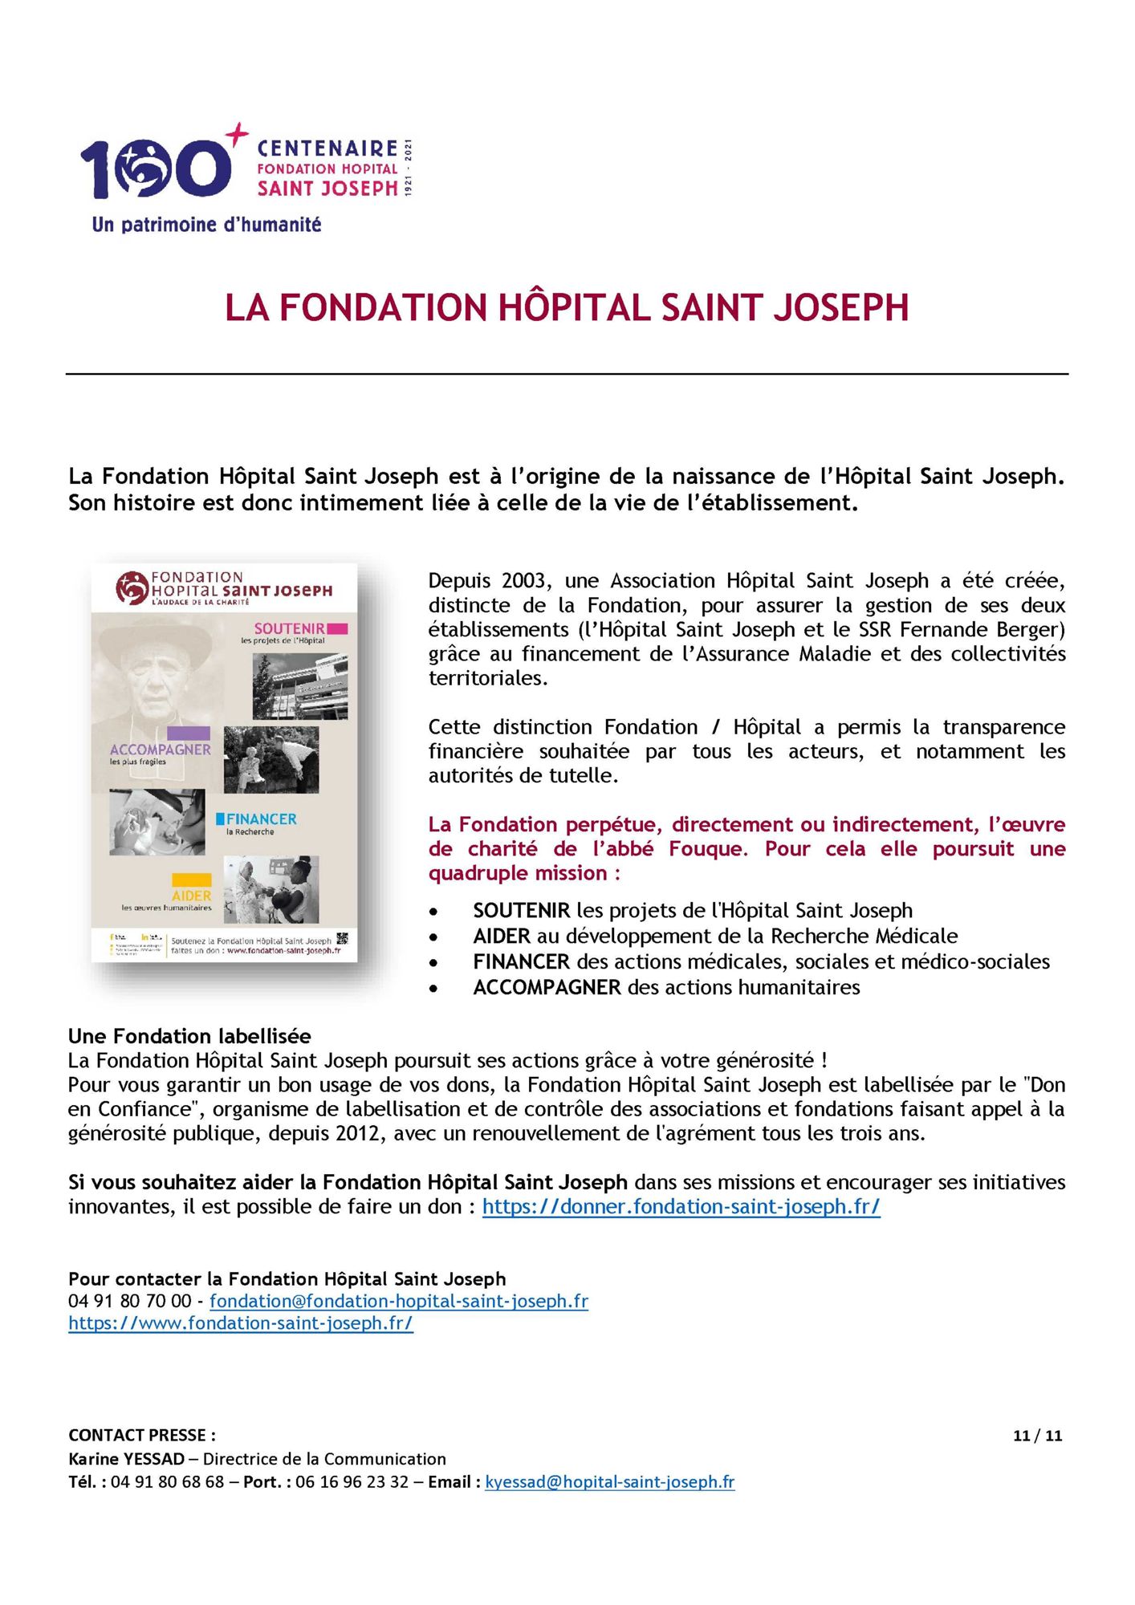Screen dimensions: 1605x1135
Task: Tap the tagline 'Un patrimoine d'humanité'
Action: [x=206, y=225]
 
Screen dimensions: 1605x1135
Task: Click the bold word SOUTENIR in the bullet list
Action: [x=521, y=911]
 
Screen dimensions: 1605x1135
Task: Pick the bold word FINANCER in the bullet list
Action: [x=521, y=962]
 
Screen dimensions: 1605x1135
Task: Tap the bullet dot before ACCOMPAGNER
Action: [x=434, y=989]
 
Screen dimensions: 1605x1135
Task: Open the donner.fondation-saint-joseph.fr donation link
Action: [x=681, y=1207]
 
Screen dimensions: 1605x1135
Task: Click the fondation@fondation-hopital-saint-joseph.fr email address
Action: [x=399, y=1301]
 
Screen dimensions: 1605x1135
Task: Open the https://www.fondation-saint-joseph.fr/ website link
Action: [x=241, y=1323]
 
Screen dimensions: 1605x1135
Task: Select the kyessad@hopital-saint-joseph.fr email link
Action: [x=609, y=1482]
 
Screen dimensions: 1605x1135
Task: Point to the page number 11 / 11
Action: [x=1037, y=1436]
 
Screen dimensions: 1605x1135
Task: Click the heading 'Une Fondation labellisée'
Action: [x=189, y=1036]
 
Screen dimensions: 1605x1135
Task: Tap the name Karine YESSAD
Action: [x=126, y=1459]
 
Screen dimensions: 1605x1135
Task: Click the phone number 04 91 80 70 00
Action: [x=130, y=1301]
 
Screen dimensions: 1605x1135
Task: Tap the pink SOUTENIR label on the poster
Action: [x=290, y=629]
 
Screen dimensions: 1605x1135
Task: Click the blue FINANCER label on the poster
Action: [x=261, y=819]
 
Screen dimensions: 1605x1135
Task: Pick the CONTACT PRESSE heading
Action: [x=142, y=1436]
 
